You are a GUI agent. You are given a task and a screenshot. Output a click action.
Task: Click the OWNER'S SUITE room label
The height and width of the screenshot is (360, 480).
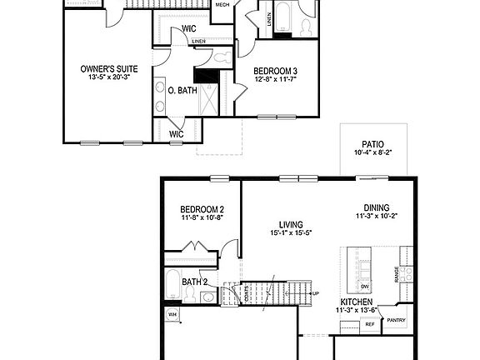point(109,68)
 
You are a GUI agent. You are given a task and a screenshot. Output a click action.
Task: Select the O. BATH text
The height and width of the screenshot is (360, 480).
point(182,90)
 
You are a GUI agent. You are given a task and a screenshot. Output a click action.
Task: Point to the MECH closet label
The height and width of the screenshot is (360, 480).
point(222,5)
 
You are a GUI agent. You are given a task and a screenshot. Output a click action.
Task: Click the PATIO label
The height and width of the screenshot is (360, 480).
point(372,143)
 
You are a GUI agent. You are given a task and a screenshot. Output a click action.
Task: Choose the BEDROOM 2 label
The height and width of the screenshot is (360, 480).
point(202,209)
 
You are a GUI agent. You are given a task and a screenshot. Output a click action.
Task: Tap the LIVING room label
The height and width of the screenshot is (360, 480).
point(290,224)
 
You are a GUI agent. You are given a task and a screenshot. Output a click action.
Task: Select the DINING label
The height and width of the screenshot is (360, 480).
point(376,209)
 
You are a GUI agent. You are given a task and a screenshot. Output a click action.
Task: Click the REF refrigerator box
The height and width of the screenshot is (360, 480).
point(369,323)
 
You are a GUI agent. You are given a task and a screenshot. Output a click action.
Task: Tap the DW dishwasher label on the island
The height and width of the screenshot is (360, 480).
point(364,286)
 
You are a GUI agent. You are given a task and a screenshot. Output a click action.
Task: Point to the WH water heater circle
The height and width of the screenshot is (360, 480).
point(173,314)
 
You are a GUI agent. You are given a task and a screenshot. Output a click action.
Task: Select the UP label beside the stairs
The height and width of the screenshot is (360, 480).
point(315,293)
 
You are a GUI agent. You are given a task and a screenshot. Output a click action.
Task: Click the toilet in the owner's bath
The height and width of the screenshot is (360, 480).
point(220,58)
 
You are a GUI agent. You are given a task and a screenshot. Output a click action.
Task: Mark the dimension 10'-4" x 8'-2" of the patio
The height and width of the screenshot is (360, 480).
point(372,152)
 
